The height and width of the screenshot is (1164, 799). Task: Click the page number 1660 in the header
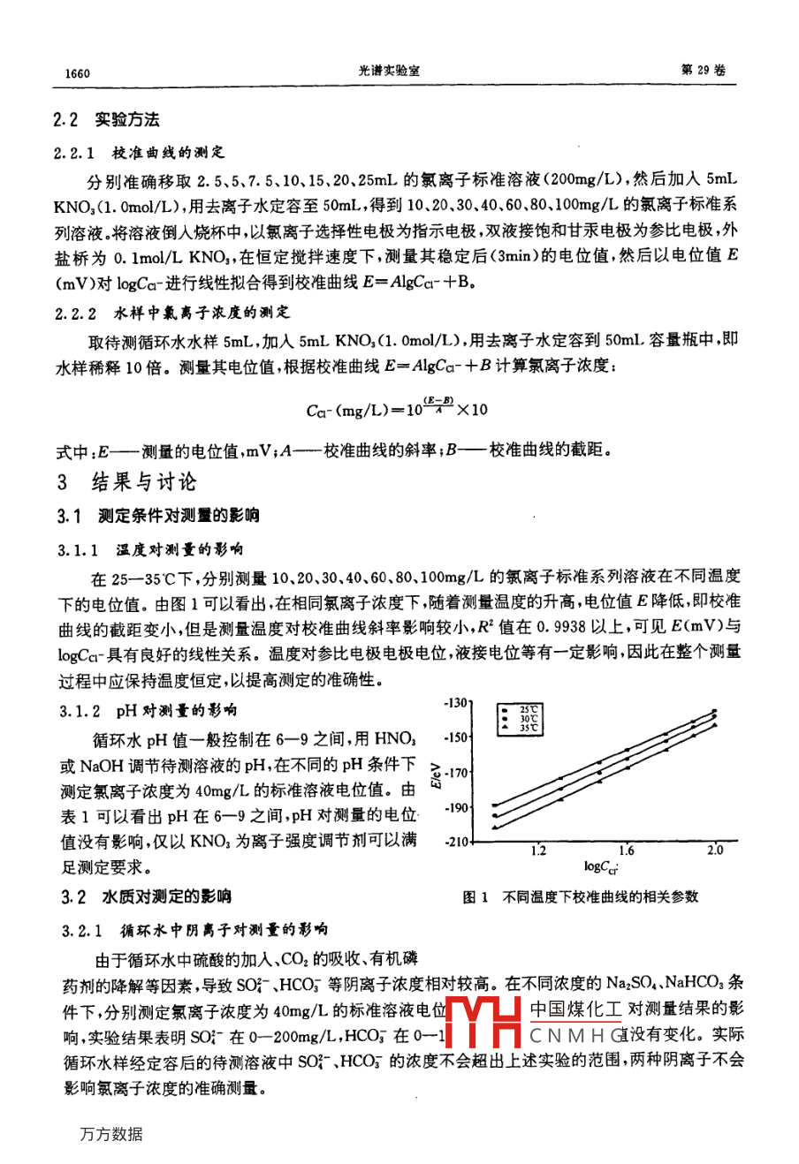[x=78, y=73]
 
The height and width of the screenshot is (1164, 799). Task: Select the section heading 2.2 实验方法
[x=106, y=120]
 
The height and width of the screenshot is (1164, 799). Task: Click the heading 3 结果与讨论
[x=126, y=482]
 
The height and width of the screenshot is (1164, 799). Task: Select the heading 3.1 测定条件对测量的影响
[x=159, y=516]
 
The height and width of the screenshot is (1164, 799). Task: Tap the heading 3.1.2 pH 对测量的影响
[x=148, y=710]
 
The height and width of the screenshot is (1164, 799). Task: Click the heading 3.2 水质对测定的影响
[x=146, y=897]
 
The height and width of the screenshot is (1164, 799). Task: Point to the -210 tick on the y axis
[x=456, y=842]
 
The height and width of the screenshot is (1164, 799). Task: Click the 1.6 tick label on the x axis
[x=627, y=851]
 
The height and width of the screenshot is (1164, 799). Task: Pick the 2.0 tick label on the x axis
[x=715, y=850]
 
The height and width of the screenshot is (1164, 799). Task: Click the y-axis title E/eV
[x=435, y=774]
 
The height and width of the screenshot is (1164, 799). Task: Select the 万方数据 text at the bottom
[x=110, y=1134]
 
